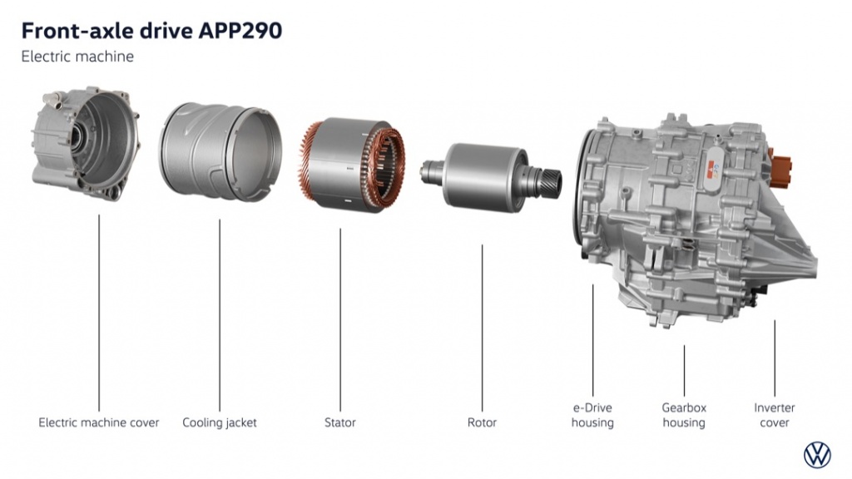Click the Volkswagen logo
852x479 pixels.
[817, 455]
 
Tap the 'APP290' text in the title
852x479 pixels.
[240, 31]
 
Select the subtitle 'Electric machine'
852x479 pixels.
[77, 57]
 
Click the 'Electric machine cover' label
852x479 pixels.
[99, 422]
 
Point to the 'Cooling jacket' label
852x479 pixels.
[220, 423]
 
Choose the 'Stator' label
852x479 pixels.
[340, 422]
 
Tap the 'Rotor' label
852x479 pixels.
[482, 422]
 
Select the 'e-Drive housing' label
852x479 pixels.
[592, 416]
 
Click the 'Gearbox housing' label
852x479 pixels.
[684, 416]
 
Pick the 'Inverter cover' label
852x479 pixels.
[775, 416]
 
